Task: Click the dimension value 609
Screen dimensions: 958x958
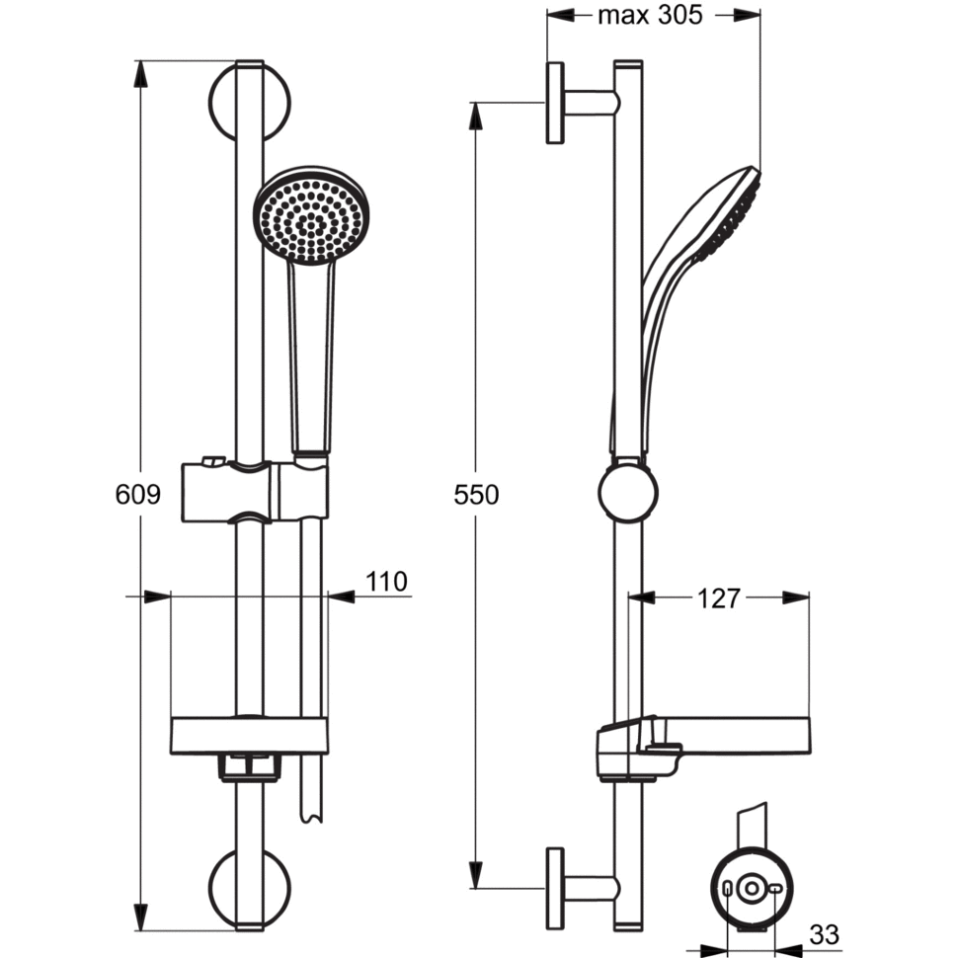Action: [138, 495]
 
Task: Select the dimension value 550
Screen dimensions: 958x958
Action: [476, 495]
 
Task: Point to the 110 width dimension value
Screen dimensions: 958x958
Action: [386, 582]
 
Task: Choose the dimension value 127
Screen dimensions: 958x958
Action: [718, 599]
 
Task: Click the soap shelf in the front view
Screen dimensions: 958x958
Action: [249, 736]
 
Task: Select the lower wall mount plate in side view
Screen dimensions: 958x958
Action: [555, 887]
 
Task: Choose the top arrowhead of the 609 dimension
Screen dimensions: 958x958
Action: [140, 71]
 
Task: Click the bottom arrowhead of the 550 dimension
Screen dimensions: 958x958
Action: [476, 876]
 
